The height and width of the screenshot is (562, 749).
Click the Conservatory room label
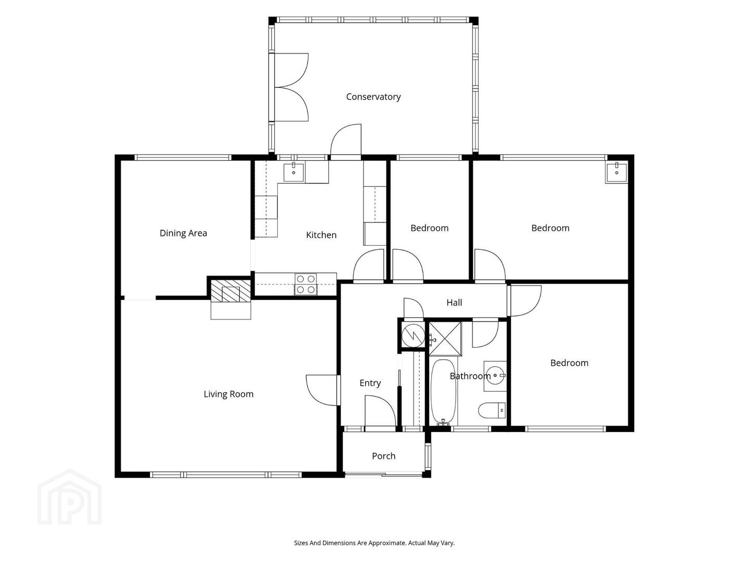point(373,97)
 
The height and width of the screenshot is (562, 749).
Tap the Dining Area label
point(183,234)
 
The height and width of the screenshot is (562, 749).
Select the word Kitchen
point(321,235)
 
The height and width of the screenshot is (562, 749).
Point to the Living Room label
point(228,394)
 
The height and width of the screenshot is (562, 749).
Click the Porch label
point(383,456)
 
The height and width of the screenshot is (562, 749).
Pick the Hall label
point(454,302)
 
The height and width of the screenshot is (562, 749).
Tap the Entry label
point(370,383)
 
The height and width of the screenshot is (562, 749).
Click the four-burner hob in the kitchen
point(306,284)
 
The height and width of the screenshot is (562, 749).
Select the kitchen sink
point(294,172)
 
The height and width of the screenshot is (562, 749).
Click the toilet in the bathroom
point(492,410)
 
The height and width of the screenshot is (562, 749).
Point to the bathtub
point(444,392)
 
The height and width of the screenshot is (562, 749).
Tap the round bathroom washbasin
point(495,376)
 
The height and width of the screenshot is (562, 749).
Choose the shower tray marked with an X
point(445,339)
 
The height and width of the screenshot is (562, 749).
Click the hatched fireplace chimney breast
point(230,291)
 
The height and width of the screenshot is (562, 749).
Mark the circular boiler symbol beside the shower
point(413,335)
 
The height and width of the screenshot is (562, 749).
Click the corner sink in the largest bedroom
point(616,173)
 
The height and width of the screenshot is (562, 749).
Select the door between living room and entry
point(322,390)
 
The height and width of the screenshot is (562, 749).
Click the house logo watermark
point(70,497)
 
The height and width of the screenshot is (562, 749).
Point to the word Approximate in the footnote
point(388,543)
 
